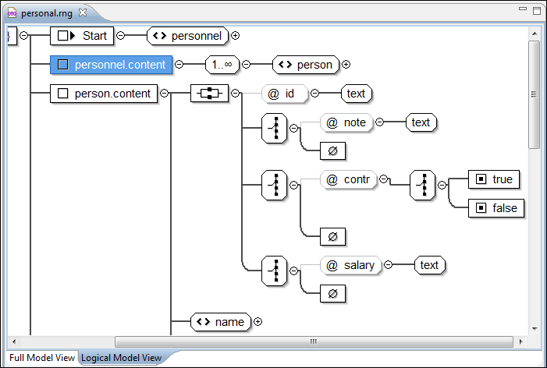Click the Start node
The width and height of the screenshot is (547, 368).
pyautogui.click(x=83, y=36)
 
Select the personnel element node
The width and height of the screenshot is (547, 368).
pyautogui.click(x=188, y=36)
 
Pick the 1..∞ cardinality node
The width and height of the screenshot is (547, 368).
pyautogui.click(x=222, y=65)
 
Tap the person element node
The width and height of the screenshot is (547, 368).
pyautogui.click(x=306, y=65)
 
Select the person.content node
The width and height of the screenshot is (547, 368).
pyautogui.click(x=105, y=94)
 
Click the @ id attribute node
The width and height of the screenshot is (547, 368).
pyautogui.click(x=281, y=94)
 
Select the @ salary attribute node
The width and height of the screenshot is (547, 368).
pyautogui.click(x=351, y=265)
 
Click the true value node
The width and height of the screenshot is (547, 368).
pyautogui.click(x=494, y=179)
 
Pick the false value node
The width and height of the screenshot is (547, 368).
pyautogui.click(x=494, y=208)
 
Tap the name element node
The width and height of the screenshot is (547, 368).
pyautogui.click(x=221, y=321)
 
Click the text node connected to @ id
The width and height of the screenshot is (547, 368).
pyautogui.click(x=356, y=94)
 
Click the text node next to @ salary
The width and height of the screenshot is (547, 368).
pyautogui.click(x=429, y=265)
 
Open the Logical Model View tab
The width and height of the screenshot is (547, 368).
pyautogui.click(x=121, y=358)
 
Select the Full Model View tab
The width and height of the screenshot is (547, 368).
pyautogui.click(x=42, y=358)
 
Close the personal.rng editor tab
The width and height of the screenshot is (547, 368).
pyautogui.click(x=83, y=13)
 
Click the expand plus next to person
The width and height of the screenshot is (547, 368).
pyautogui.click(x=346, y=65)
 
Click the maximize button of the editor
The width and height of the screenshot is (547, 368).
pyautogui.click(x=535, y=11)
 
